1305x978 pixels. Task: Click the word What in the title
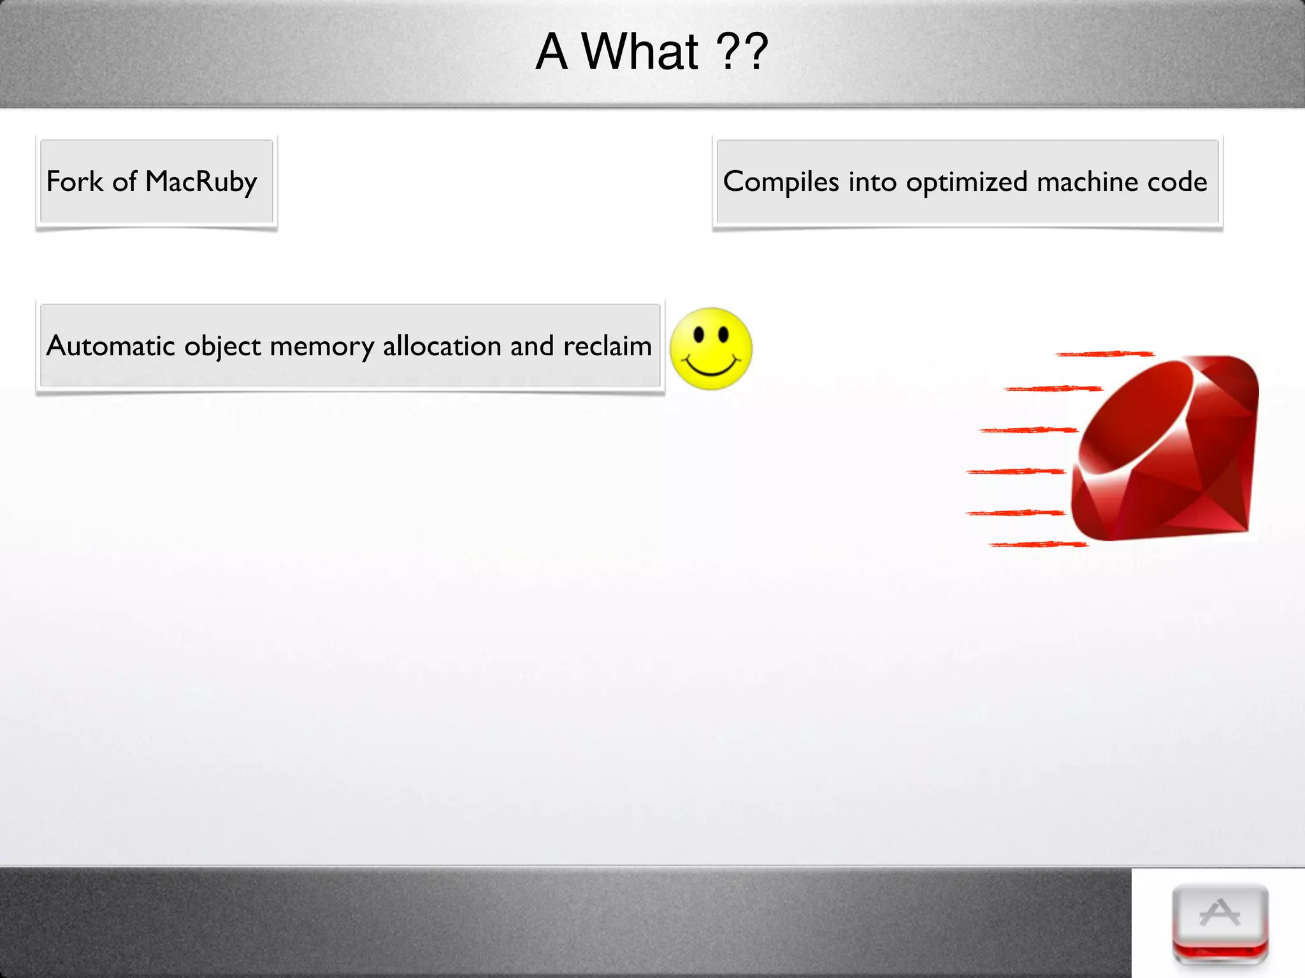click(x=640, y=52)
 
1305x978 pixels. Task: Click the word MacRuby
click(x=201, y=182)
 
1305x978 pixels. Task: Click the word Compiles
click(x=781, y=182)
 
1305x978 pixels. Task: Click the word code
click(x=1177, y=182)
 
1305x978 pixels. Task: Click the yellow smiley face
click(x=711, y=349)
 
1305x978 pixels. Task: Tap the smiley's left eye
click(x=699, y=334)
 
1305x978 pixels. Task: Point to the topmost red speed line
click(x=1104, y=354)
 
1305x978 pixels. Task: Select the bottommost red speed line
click(x=1039, y=544)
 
